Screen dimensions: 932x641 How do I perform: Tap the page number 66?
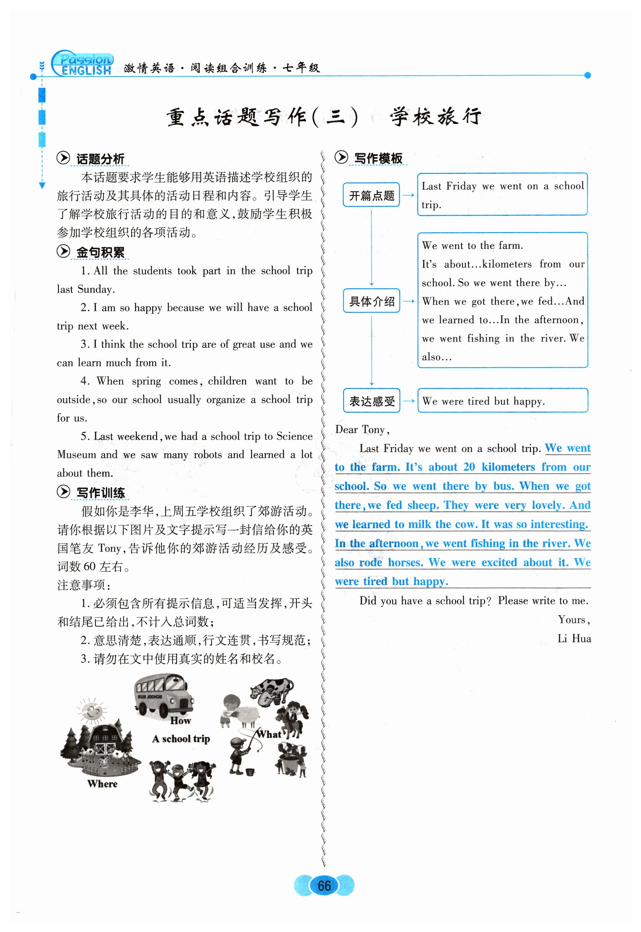324,885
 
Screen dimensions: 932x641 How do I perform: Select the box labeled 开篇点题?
371,195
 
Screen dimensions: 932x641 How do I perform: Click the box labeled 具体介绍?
371,301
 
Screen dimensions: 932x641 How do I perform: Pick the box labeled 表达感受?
371,401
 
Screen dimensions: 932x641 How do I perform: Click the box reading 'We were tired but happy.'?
502,401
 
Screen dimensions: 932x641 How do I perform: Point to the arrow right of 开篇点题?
409,195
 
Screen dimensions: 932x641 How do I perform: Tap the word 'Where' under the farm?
103,784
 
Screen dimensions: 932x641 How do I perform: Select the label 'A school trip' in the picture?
181,739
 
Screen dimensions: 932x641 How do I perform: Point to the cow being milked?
273,689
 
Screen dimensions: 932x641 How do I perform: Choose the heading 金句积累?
100,252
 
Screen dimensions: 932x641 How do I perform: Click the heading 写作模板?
378,158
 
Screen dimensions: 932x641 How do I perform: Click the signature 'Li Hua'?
574,639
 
